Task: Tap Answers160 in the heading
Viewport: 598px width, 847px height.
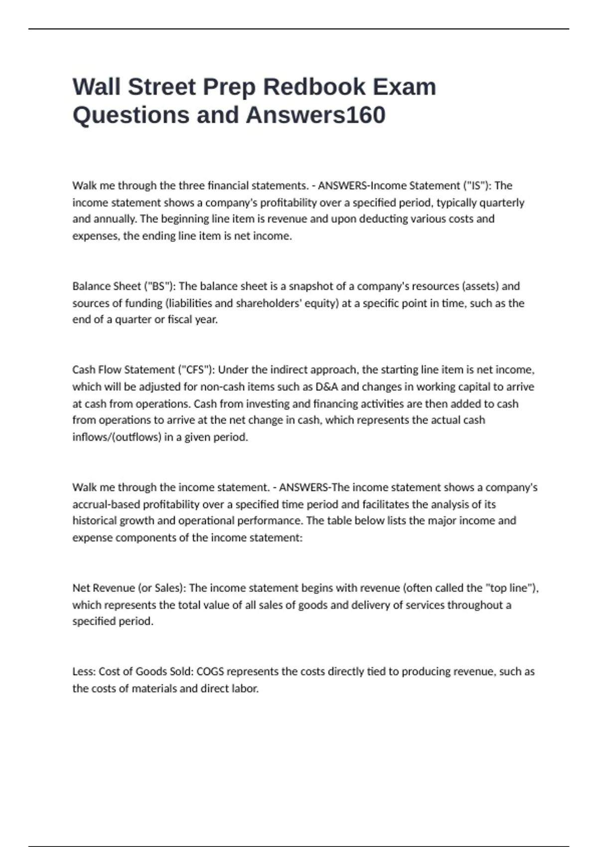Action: [315, 115]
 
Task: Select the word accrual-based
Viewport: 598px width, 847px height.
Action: [106, 504]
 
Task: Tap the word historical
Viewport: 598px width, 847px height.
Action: [94, 521]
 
